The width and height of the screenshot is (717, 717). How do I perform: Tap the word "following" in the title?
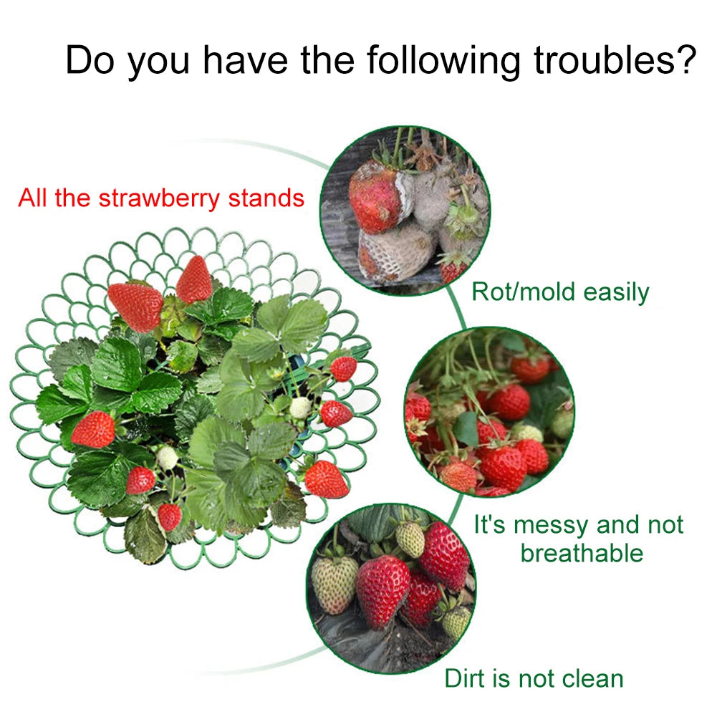pyautogui.click(x=443, y=60)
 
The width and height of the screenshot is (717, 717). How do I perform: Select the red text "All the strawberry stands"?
pyautogui.click(x=161, y=198)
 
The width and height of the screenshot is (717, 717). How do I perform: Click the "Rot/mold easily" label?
pyautogui.click(x=560, y=292)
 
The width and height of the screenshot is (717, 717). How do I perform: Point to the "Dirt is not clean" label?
pyautogui.click(x=534, y=678)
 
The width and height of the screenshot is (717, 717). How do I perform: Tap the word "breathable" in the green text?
pyautogui.click(x=582, y=553)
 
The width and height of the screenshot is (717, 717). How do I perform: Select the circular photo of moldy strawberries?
pyautogui.click(x=405, y=210)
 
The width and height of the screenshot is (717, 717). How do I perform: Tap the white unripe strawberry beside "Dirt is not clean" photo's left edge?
pyautogui.click(x=335, y=584)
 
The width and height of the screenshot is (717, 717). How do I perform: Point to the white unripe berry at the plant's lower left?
pyautogui.click(x=167, y=458)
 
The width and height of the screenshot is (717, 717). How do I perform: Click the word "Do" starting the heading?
pyautogui.click(x=92, y=60)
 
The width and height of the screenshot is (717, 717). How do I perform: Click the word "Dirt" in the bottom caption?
pyautogui.click(x=466, y=678)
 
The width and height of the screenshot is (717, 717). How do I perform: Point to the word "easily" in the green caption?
pyautogui.click(x=616, y=292)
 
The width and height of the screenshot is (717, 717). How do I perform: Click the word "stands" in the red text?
pyautogui.click(x=266, y=198)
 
